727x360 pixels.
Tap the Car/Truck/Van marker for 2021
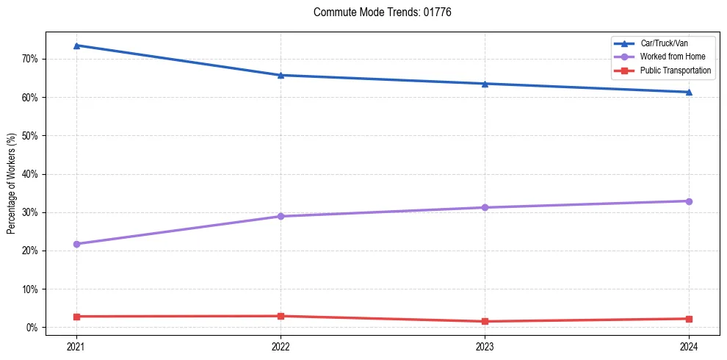pyautogui.click(x=76, y=46)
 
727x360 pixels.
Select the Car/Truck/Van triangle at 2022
pyautogui.click(x=281, y=75)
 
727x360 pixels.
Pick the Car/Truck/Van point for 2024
pyautogui.click(x=689, y=92)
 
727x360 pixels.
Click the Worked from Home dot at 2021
pyautogui.click(x=76, y=244)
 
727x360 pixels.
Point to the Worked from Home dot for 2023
pyautogui.click(x=485, y=207)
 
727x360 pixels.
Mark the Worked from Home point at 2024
pyautogui.click(x=689, y=201)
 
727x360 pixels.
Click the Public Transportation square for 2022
pyautogui.click(x=281, y=316)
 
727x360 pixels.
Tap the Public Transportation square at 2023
pyautogui.click(x=485, y=321)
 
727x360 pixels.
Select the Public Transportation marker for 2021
pyautogui.click(x=76, y=316)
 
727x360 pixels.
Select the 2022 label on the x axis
pyautogui.click(x=281, y=346)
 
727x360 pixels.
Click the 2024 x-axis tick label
pyautogui.click(x=689, y=346)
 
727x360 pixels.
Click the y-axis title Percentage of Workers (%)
pyautogui.click(x=12, y=184)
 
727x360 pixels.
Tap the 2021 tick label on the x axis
pyautogui.click(x=76, y=346)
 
